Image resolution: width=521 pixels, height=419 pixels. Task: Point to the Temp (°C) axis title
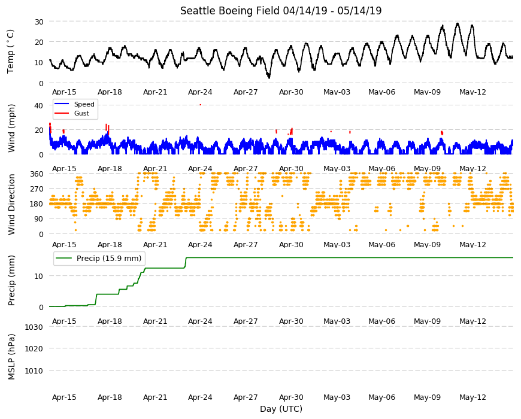pyautogui.click(x=11, y=51)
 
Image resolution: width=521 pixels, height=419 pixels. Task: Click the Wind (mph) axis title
pyautogui.click(x=11, y=128)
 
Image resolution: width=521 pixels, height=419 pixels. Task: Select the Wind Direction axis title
pyautogui.click(x=11, y=204)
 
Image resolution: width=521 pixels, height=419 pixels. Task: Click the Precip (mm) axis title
pyautogui.click(x=11, y=280)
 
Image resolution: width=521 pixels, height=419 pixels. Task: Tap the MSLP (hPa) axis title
pyautogui.click(x=11, y=357)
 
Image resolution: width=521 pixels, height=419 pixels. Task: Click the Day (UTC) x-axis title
pyautogui.click(x=281, y=409)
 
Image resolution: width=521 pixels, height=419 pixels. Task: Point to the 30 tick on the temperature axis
pyautogui.click(x=39, y=22)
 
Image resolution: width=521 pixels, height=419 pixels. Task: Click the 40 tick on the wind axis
pyautogui.click(x=38, y=105)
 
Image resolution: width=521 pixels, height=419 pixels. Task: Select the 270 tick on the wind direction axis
pyautogui.click(x=37, y=189)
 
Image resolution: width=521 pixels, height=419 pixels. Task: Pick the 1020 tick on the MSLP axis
pyautogui.click(x=34, y=348)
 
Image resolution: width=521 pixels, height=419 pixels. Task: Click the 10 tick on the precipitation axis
pyautogui.click(x=39, y=276)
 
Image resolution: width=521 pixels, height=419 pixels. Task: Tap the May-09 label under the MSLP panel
pyautogui.click(x=427, y=397)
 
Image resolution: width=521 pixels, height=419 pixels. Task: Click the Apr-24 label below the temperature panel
pyautogui.click(x=200, y=92)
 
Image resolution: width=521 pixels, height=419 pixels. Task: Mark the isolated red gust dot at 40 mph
pyautogui.click(x=201, y=105)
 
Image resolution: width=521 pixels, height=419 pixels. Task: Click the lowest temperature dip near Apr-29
pyautogui.click(x=269, y=77)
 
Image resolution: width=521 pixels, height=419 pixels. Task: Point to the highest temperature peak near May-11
pyautogui.click(x=458, y=23)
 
